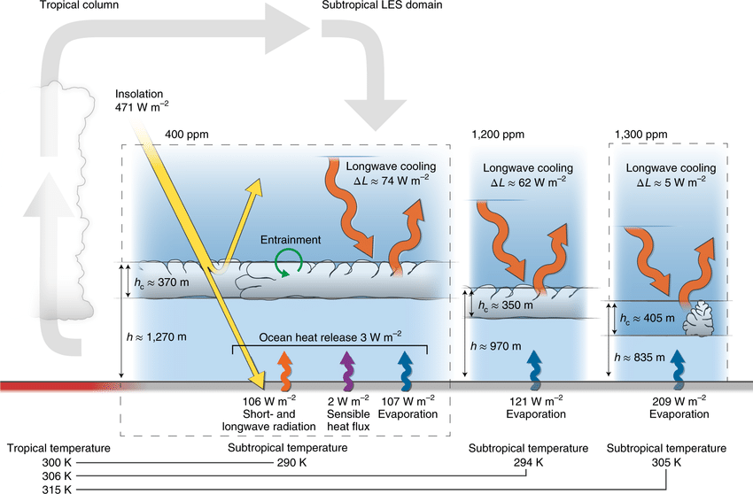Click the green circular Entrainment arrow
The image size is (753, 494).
click(x=289, y=262)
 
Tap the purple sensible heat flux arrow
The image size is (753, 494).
click(x=345, y=370)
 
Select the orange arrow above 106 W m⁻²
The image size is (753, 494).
click(x=284, y=370)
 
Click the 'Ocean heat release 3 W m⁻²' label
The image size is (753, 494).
click(x=330, y=336)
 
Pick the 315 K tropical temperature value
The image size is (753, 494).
click(x=58, y=489)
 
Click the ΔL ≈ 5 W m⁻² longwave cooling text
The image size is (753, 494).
click(x=671, y=183)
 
